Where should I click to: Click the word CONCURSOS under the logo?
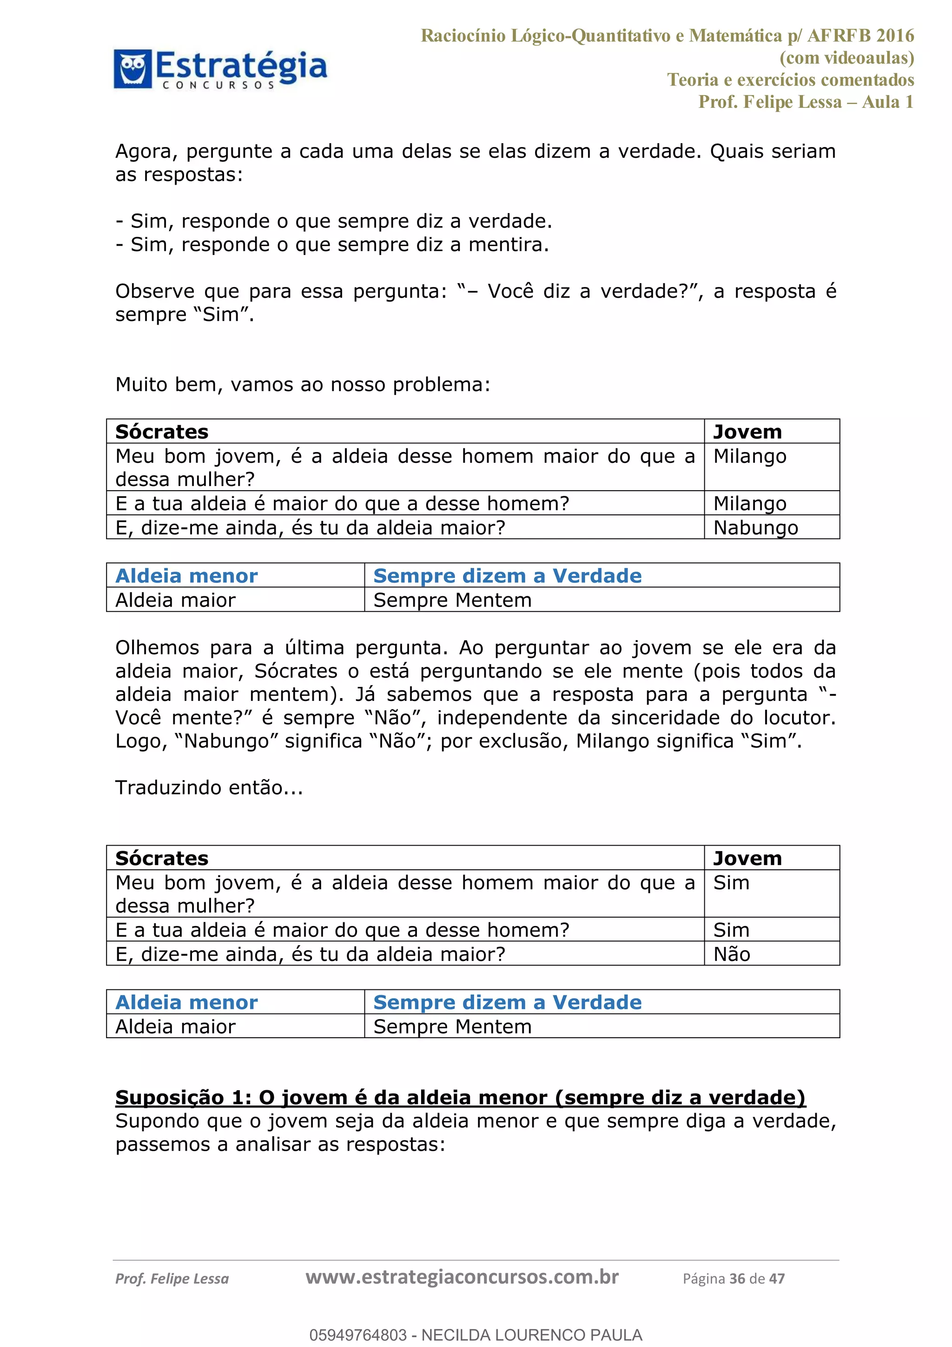pyautogui.click(x=218, y=86)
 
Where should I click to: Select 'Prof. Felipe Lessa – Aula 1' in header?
pyautogui.click(x=806, y=102)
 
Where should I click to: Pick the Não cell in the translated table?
pyautogui.click(x=732, y=954)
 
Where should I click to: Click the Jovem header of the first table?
pyautogui.click(x=747, y=432)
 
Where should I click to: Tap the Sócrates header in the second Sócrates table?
pyautogui.click(x=162, y=858)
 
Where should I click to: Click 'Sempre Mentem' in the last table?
pyautogui.click(x=452, y=1026)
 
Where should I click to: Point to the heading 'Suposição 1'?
pyautogui.click(x=460, y=1097)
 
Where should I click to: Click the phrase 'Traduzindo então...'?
pyautogui.click(x=209, y=787)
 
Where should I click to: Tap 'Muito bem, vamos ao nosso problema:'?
pyautogui.click(x=303, y=385)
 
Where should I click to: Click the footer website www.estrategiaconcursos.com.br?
pyautogui.click(x=462, y=1277)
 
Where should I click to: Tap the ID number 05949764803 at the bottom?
pyautogui.click(x=357, y=1335)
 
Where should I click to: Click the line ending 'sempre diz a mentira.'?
pyautogui.click(x=332, y=245)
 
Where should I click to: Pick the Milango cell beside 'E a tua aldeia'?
pyautogui.click(x=749, y=503)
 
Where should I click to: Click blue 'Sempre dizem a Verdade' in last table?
pyautogui.click(x=507, y=1002)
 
